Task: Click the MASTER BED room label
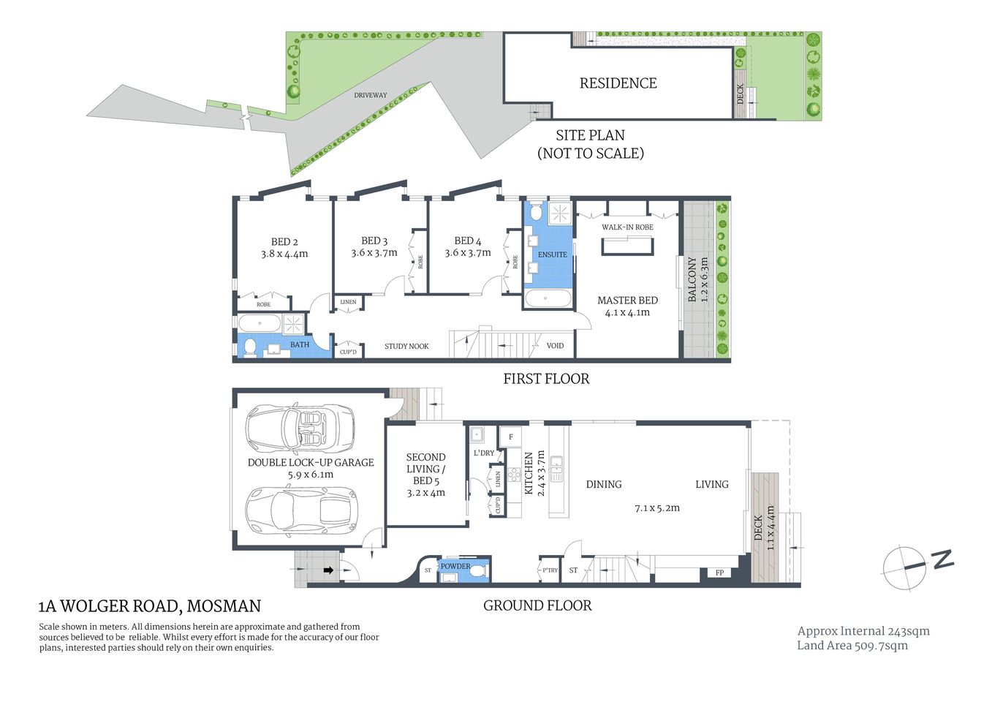point(627,301)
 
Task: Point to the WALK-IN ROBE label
point(627,227)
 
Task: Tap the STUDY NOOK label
point(406,347)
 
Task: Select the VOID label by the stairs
point(555,346)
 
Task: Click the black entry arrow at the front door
point(328,570)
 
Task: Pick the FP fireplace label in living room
point(719,573)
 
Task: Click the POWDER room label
point(455,566)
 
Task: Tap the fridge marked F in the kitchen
point(510,437)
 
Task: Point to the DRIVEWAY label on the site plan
point(371,95)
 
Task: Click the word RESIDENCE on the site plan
point(618,83)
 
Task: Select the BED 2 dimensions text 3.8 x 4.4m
point(284,254)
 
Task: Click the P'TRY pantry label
point(550,570)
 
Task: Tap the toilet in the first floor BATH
point(250,347)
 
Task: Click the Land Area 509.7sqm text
point(852,646)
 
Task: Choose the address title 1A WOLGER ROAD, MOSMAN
point(149,606)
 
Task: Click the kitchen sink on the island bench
point(557,468)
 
